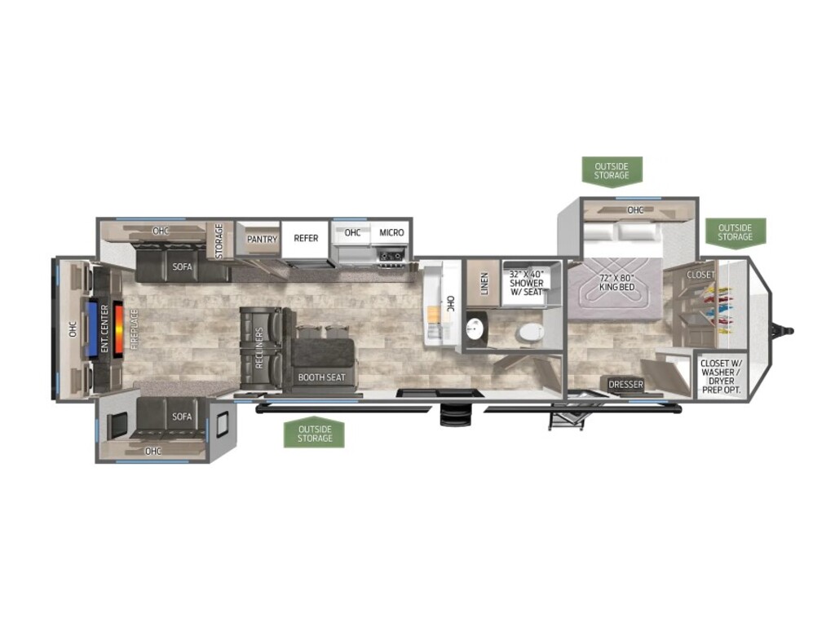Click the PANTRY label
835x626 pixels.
262,240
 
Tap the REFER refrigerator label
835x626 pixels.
307,238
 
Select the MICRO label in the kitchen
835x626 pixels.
391,232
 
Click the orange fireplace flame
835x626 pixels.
117,328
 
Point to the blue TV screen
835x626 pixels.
91,328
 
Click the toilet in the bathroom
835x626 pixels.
530,333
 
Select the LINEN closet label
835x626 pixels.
484,284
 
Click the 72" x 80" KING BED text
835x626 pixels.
617,283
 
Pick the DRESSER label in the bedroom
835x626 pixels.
625,385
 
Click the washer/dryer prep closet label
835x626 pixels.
721,377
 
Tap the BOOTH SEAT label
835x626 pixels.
321,377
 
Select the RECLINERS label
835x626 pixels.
259,348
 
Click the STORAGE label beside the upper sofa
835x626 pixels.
219,241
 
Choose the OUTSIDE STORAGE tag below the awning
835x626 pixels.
315,433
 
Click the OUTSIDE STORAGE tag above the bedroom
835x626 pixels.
612,171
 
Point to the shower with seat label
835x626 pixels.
527,283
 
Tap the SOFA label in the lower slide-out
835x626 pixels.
182,417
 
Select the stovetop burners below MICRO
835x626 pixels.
391,257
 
